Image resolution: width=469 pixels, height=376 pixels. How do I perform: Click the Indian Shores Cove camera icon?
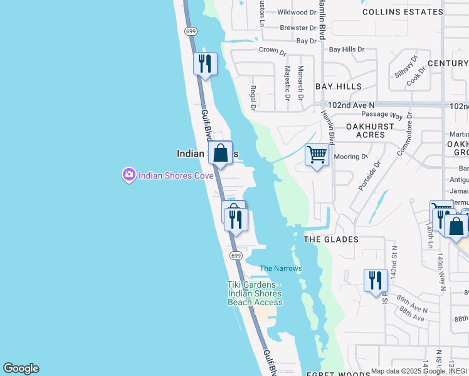point(129,175)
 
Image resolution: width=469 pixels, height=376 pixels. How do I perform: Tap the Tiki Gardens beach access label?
point(255,293)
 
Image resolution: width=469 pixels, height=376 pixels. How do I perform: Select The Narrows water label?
point(281,268)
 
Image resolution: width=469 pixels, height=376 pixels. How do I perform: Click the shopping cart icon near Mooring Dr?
point(317,154)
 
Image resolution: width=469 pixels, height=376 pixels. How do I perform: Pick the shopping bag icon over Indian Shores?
point(221,153)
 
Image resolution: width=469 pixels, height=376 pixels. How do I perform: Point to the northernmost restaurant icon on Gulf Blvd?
point(205,63)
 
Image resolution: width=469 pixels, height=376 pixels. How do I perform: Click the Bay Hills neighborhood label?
point(339,86)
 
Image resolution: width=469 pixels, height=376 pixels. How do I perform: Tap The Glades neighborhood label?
point(331,239)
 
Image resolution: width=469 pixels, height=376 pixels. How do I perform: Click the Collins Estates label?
point(403,11)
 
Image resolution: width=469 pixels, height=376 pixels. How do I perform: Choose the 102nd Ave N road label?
point(351,105)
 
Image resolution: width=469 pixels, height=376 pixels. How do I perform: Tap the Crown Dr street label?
point(273,50)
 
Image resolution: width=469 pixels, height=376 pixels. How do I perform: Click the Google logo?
point(21,368)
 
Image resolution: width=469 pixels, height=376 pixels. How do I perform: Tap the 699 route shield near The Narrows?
point(236,256)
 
